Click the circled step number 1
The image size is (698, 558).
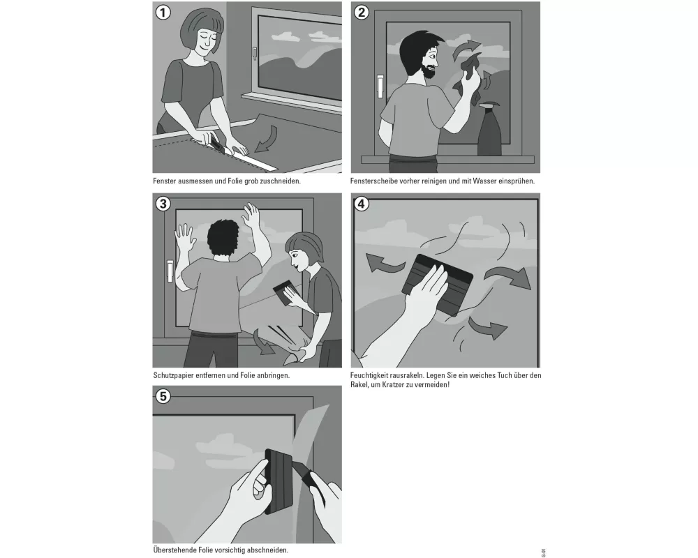(163, 13)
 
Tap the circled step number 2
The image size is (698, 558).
(362, 13)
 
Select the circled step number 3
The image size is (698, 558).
(163, 204)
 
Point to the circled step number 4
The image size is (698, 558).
(362, 204)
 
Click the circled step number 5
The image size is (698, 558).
(163, 396)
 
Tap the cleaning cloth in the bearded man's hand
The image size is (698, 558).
(468, 75)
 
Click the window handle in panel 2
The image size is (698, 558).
(380, 86)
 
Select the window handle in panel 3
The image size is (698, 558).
(170, 271)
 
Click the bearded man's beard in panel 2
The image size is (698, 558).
(430, 71)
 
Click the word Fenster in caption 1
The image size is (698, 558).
(165, 181)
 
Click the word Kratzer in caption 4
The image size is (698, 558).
(390, 385)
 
